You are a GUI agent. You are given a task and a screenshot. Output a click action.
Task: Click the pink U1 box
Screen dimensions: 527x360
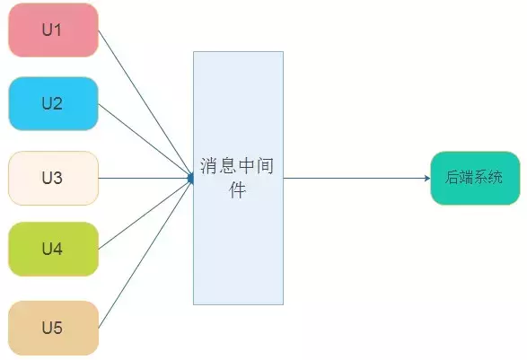coord(53,30)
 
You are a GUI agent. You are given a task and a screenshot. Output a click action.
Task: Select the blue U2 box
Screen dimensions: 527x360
coord(53,103)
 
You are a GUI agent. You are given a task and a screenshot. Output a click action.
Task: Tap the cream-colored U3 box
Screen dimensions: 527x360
coord(53,178)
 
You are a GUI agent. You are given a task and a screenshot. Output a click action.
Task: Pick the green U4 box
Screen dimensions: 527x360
coord(53,249)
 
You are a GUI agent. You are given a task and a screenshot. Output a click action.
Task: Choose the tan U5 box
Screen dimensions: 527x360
coord(53,328)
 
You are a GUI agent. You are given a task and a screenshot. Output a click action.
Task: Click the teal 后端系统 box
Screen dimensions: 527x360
coord(475,178)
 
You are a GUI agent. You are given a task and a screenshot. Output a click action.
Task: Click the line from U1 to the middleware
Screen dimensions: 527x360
coord(145,103)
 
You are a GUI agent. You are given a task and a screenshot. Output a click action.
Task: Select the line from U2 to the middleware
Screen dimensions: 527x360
coord(145,141)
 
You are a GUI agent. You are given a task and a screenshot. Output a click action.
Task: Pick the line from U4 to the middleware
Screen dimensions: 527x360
coord(145,215)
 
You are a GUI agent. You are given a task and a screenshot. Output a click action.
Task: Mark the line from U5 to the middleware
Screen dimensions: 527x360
coord(145,254)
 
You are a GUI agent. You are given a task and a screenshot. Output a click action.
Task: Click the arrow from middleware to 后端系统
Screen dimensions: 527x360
coord(357,178)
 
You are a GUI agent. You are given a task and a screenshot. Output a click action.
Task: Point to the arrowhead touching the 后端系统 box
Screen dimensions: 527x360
coord(427,178)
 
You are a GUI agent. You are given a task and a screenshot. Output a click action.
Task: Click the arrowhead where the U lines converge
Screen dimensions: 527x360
coord(190,178)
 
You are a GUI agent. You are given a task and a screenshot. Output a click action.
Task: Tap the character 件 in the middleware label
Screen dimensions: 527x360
coord(237,190)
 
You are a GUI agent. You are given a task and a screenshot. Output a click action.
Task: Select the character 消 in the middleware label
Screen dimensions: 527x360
coord(209,166)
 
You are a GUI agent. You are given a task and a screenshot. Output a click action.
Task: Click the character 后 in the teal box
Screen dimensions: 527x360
coord(452,177)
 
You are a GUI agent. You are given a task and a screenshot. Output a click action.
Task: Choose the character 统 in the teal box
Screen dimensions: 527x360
coord(496,177)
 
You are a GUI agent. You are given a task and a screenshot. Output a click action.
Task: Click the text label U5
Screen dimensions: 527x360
coord(52,328)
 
